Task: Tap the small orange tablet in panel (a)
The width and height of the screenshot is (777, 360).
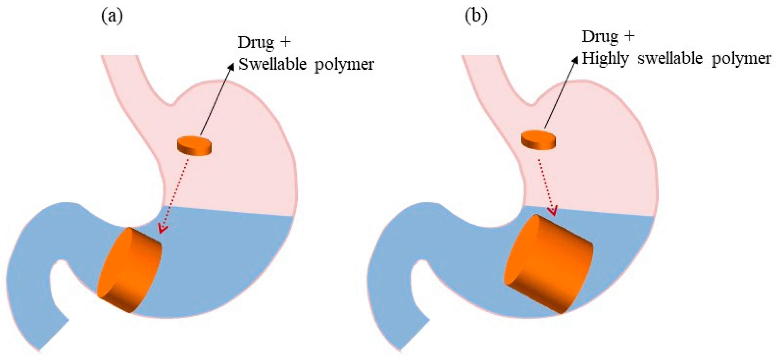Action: click(194, 146)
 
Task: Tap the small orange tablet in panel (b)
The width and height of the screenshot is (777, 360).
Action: click(538, 140)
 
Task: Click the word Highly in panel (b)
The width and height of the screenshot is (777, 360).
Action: click(605, 58)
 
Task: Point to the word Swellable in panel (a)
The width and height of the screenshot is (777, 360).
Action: click(272, 64)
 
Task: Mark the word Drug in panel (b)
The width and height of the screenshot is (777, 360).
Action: click(600, 37)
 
